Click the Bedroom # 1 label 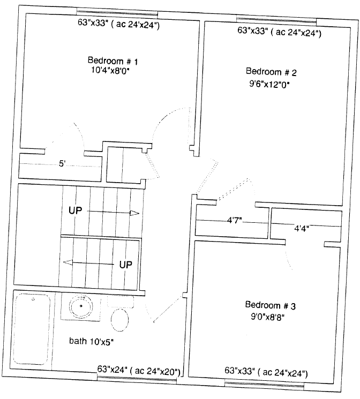click(113, 61)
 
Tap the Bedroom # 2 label click(271, 72)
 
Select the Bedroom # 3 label click(270, 305)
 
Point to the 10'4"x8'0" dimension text click(111, 70)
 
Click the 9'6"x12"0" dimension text click(269, 84)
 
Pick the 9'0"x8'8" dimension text click(267, 317)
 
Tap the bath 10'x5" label click(91, 341)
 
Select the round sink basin click(81, 306)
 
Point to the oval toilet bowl click(119, 320)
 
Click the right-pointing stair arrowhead click(134, 213)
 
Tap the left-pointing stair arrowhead click(67, 262)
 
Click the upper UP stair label click(76, 210)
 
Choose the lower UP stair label click(126, 265)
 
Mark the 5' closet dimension click(62, 164)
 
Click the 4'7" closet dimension click(234, 220)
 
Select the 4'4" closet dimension click(302, 228)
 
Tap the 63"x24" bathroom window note click(139, 371)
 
